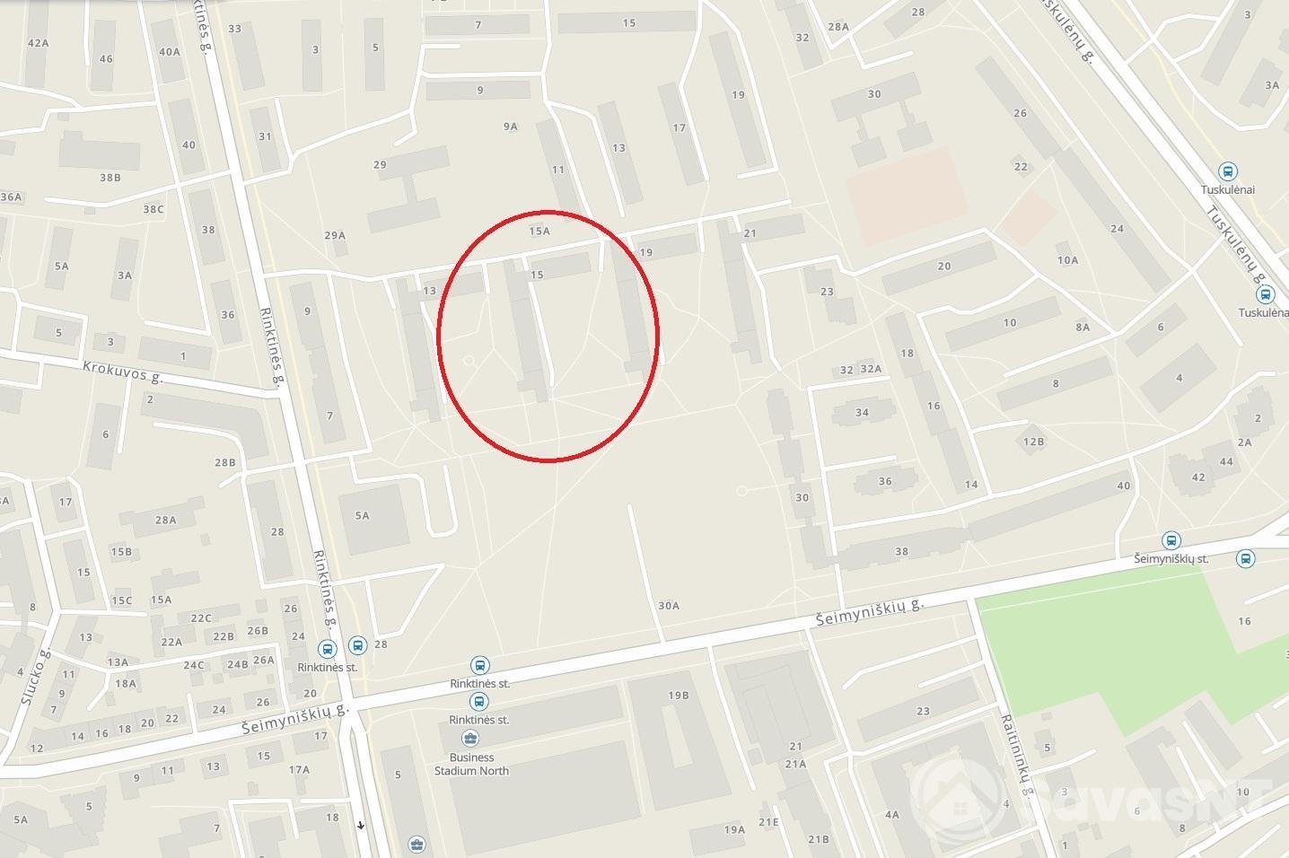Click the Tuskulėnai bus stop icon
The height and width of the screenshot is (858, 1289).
(1227, 171)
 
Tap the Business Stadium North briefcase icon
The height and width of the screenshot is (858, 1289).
(469, 739)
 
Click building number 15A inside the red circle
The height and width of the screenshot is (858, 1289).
(539, 231)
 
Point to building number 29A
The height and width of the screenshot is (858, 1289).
(335, 235)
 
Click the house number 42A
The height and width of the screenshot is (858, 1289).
(38, 43)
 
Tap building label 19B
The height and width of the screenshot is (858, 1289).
(678, 695)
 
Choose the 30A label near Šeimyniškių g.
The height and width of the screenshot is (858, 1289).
(669, 606)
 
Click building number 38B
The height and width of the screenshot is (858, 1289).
(110, 178)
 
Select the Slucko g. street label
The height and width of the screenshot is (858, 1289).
(36, 677)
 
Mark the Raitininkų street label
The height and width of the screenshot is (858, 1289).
(1016, 754)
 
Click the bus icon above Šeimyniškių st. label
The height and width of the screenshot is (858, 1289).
(1171, 540)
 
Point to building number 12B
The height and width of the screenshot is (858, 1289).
(1034, 441)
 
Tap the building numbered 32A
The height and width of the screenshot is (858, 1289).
(871, 369)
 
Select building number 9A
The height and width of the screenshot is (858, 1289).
(510, 127)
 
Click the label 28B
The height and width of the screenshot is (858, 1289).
(224, 462)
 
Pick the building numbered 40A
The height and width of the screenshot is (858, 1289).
(169, 51)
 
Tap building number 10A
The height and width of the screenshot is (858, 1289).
(1067, 260)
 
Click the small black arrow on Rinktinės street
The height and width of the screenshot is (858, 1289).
(361, 825)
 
